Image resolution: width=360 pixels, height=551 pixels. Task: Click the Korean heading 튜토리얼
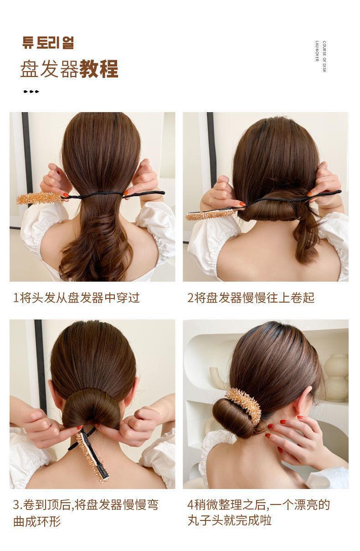(x=48, y=43)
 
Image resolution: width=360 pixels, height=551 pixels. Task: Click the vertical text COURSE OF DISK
(x=324, y=57)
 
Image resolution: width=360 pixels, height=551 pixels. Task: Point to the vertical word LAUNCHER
(x=317, y=51)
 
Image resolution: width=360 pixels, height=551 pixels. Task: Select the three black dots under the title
(x=31, y=92)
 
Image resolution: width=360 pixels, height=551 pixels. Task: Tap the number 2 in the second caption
(x=190, y=298)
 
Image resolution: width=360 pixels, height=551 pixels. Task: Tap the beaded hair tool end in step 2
(x=211, y=215)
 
